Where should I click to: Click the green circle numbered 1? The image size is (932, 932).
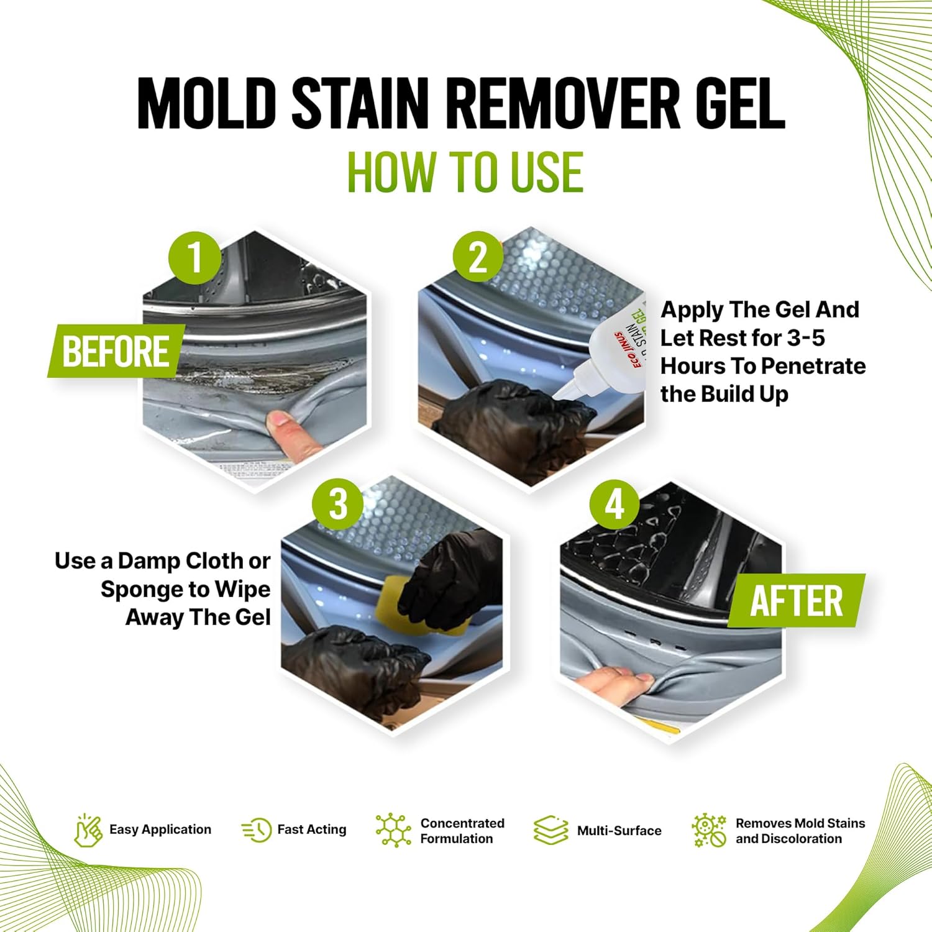[x=195, y=258]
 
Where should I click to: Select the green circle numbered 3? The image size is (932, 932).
[x=338, y=503]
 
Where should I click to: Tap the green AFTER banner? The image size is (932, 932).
[x=797, y=601]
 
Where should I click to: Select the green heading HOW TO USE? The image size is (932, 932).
[x=465, y=172]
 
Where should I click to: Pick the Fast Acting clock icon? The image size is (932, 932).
[x=257, y=830]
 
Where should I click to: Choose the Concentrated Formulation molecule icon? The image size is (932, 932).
[x=393, y=830]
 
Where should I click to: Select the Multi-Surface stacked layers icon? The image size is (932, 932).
[x=551, y=831]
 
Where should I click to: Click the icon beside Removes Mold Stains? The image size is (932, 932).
[x=709, y=831]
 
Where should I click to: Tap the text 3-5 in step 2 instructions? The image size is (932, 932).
[x=806, y=338]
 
